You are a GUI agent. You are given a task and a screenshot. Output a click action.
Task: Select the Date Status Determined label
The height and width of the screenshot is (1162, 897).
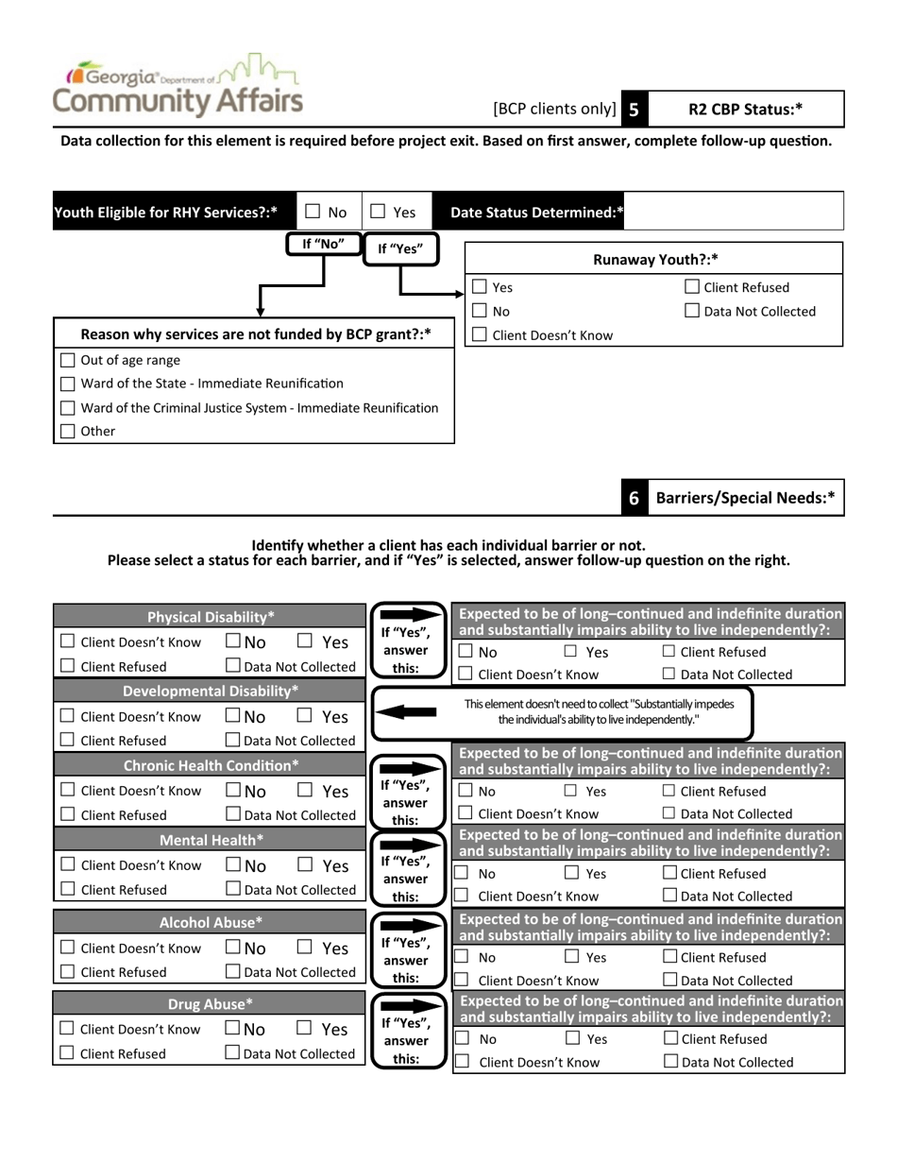click(536, 213)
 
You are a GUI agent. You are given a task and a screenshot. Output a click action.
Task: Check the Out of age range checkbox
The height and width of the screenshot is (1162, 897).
click(67, 360)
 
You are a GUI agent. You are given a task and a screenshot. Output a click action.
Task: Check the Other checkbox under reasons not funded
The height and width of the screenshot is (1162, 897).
click(67, 432)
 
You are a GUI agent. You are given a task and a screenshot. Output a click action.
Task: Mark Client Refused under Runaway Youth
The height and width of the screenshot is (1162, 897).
click(692, 287)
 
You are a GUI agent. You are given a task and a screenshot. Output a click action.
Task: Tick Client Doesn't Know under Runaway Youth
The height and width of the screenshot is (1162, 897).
click(480, 334)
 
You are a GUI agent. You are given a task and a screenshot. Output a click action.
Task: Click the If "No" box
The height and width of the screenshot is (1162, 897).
click(323, 244)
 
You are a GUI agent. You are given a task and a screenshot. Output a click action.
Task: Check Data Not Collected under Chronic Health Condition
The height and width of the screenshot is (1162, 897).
click(232, 814)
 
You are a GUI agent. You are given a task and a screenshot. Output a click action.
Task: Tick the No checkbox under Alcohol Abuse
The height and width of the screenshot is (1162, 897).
click(232, 948)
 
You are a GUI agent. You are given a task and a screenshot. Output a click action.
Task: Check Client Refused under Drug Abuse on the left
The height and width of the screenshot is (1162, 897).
click(67, 1054)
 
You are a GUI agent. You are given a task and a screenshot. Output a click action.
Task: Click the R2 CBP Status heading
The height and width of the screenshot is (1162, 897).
click(745, 110)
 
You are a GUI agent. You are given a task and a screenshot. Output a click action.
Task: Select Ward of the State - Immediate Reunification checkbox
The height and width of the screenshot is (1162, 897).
click(67, 384)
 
